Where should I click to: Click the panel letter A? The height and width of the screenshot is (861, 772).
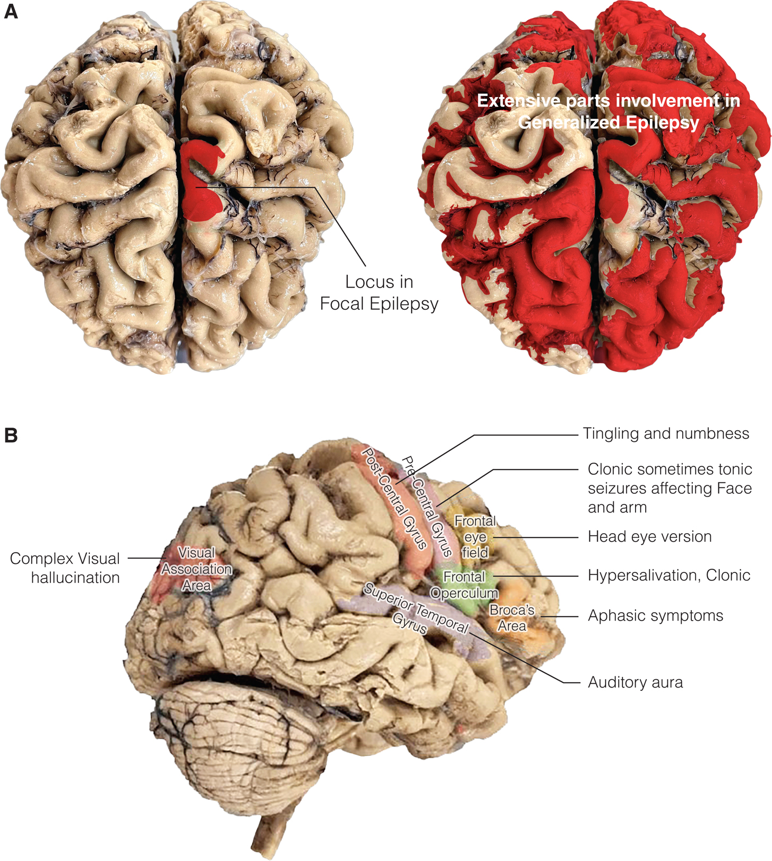point(11,11)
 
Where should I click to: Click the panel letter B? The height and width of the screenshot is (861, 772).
point(11,436)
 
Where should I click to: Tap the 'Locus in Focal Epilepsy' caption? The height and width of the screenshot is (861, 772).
point(379,292)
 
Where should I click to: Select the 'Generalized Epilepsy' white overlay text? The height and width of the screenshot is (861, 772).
point(608,123)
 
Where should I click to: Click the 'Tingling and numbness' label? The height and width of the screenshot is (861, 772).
point(666,433)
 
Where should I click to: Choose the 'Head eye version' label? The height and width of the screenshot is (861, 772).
point(649,536)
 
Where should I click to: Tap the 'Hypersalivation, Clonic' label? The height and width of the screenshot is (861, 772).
point(668,575)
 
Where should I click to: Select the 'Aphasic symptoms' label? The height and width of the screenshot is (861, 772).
point(655,615)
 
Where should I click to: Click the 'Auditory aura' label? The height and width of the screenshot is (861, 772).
point(635,682)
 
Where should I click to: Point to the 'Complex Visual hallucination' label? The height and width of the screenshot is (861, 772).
point(65,568)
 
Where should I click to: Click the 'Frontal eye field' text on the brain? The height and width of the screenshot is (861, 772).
point(475,537)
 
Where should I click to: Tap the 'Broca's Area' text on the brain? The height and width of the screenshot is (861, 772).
point(512,618)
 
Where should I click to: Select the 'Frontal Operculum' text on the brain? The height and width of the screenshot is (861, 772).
point(464,585)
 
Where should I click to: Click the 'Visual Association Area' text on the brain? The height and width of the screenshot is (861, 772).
point(197,569)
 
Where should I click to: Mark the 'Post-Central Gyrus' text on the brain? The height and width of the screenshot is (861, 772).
point(394,498)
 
